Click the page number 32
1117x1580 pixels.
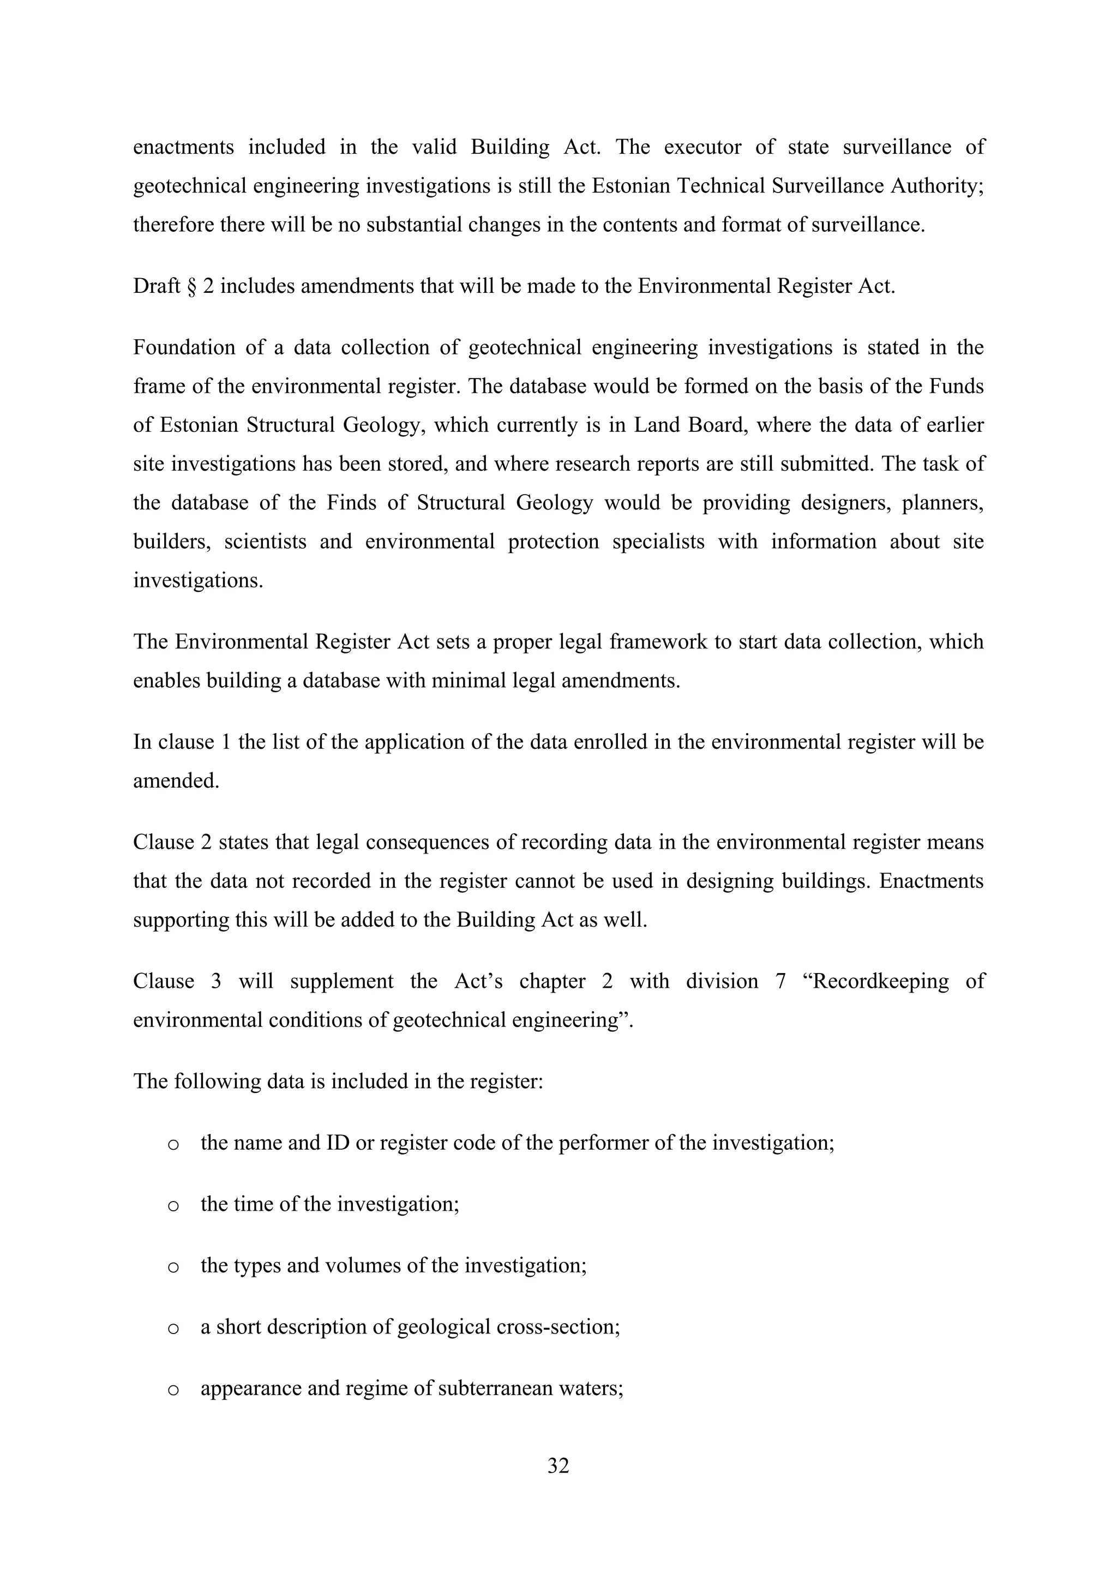coord(558,1466)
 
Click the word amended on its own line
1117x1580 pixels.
coord(176,781)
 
